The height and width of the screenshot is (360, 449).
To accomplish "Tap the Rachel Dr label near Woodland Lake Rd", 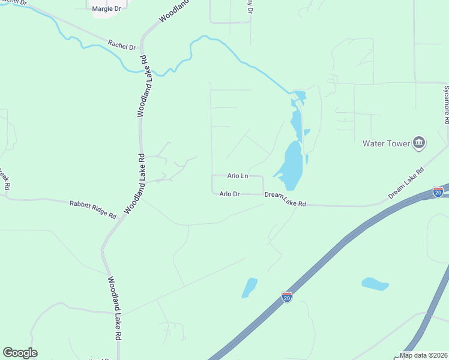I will [122, 45].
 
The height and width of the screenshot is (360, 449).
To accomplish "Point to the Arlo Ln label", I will [238, 176].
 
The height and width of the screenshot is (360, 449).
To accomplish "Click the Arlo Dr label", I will [229, 194].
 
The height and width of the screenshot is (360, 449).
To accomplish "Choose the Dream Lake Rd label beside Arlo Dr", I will [285, 199].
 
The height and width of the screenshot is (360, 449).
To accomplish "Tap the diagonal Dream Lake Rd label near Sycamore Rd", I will [406, 183].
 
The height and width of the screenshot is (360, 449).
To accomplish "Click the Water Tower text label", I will [386, 143].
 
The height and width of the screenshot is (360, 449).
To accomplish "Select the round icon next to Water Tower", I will [419, 143].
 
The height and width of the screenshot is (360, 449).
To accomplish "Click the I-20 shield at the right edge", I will [438, 191].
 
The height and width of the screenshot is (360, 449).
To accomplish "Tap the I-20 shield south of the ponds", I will [287, 297].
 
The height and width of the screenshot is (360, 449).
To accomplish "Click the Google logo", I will [20, 353].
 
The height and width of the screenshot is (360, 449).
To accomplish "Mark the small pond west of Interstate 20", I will [249, 287].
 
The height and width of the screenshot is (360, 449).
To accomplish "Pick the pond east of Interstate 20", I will [375, 284].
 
